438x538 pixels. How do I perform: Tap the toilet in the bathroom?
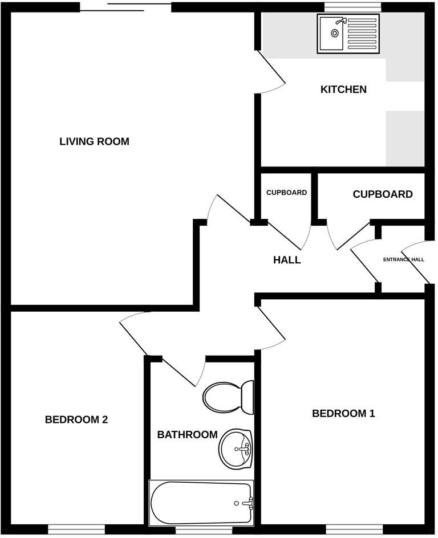pyautogui.click(x=228, y=397)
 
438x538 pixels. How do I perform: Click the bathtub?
pyautogui.click(x=201, y=503)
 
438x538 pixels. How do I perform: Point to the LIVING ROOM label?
pyautogui.click(x=94, y=141)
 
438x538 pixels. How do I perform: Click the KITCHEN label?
pyautogui.click(x=343, y=89)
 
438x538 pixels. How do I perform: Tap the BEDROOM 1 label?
pyautogui.click(x=343, y=413)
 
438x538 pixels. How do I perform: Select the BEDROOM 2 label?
pyautogui.click(x=76, y=420)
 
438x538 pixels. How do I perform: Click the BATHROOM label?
pyautogui.click(x=187, y=435)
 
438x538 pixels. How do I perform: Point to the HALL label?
pyautogui.click(x=287, y=260)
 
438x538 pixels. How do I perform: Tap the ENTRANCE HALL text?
pyautogui.click(x=403, y=259)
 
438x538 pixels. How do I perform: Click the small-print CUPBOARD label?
pyautogui.click(x=286, y=193)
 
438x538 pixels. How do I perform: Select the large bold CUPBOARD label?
pyautogui.click(x=383, y=194)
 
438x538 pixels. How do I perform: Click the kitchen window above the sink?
pyautogui.click(x=352, y=6)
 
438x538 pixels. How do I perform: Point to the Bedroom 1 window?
pyautogui.click(x=347, y=529)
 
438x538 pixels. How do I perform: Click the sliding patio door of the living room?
pyautogui.click(x=125, y=7)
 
